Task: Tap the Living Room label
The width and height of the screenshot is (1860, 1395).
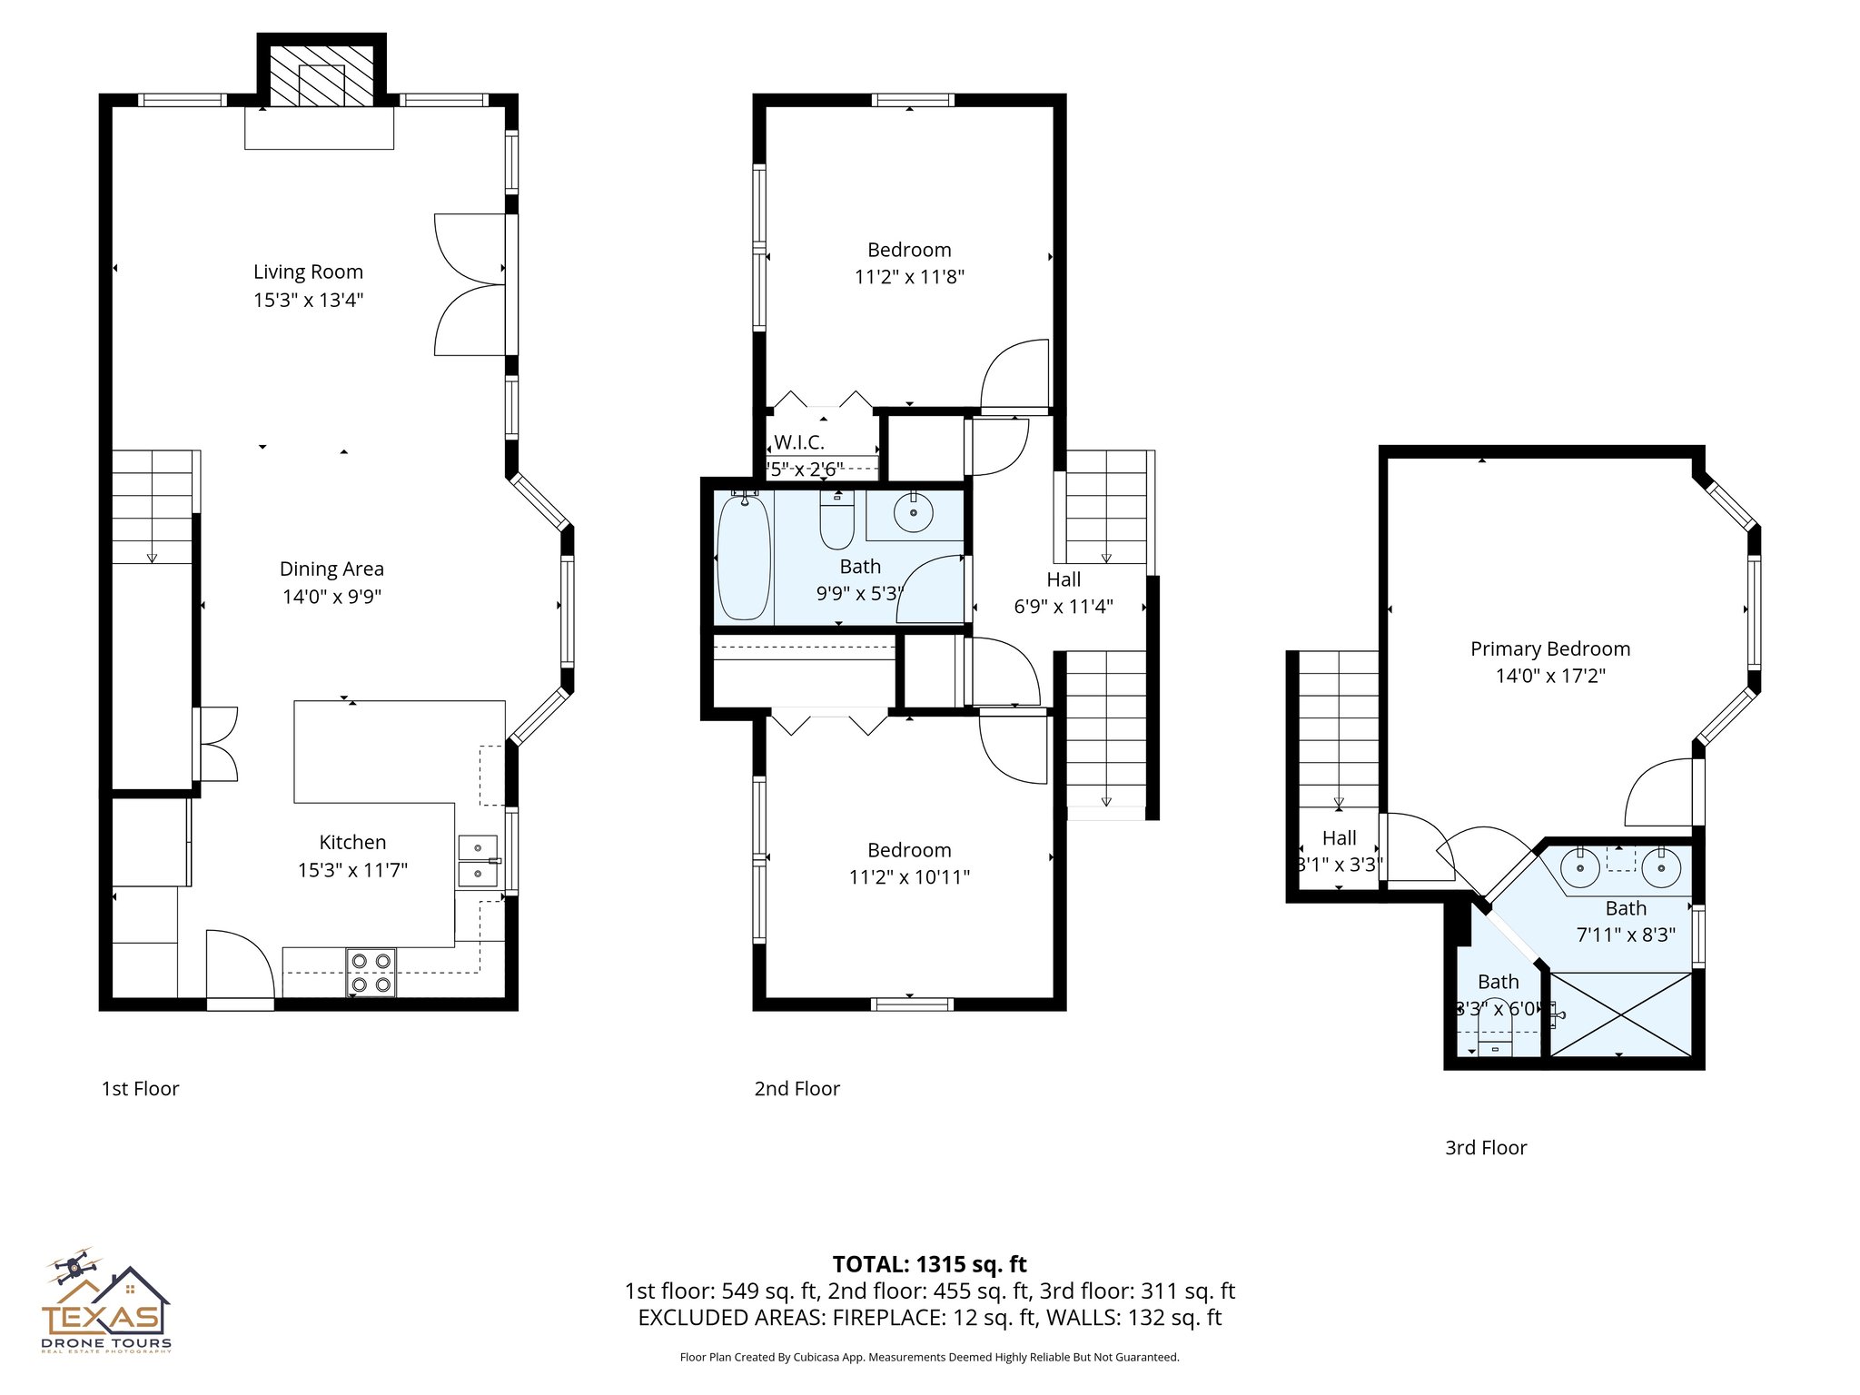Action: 308,272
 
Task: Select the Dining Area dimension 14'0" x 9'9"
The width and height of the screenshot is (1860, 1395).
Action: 331,597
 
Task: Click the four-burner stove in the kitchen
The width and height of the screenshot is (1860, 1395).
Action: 371,973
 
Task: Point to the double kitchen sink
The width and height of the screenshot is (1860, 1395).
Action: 478,861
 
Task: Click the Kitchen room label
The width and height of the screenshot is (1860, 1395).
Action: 352,842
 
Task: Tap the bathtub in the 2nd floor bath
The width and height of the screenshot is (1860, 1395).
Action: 743,558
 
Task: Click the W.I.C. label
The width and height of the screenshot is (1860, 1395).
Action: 799,443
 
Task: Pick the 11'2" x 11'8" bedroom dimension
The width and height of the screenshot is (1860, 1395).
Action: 909,277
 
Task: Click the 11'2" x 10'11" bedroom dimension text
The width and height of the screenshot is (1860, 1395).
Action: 909,877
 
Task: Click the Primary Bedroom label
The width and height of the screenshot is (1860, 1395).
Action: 1550,648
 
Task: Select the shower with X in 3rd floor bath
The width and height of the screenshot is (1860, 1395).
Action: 1621,1014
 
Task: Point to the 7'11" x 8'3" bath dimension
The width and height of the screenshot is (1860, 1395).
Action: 1626,935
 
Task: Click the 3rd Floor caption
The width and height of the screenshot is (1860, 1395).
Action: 1486,1148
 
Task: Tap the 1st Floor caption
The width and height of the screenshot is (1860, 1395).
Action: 140,1089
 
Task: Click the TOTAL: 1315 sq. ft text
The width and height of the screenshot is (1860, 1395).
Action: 929,1264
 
